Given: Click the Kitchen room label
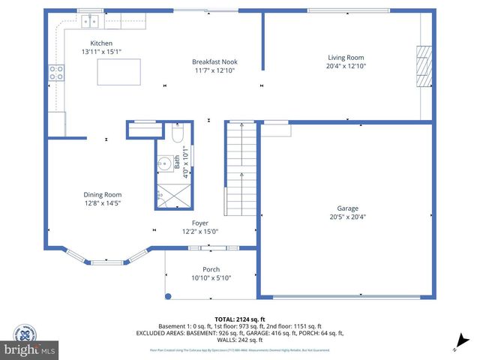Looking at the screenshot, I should click(101, 43).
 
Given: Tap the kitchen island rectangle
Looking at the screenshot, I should click(119, 72).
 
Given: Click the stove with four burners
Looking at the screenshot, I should click(56, 73).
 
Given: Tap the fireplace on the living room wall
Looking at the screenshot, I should click(424, 65).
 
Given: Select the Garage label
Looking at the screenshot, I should click(346, 208).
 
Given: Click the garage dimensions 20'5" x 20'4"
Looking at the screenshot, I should click(346, 217).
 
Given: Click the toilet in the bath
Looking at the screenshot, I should click(177, 133).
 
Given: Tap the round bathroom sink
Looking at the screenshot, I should click(163, 163).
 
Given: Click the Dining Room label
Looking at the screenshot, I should click(102, 195).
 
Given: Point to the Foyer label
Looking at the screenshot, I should click(199, 223).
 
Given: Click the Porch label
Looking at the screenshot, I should click(211, 269).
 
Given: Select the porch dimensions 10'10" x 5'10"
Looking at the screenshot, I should click(211, 278).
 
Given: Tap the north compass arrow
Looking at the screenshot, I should click(464, 340).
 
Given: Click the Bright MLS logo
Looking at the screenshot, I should click(30, 349).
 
